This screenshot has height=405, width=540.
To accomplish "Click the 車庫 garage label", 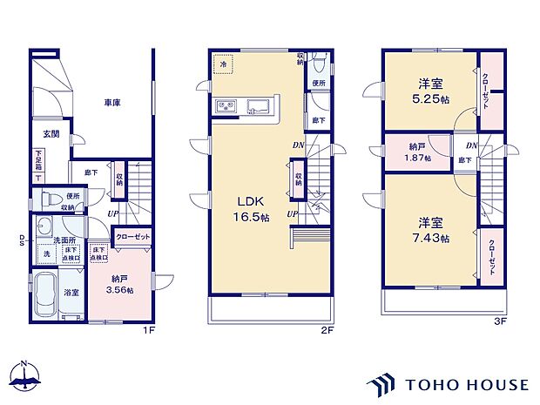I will pyautogui.click(x=111, y=103).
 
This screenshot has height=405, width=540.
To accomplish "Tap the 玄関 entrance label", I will pyautogui.click(x=51, y=133).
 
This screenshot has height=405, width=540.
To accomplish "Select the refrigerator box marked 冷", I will pyautogui.click(x=223, y=65).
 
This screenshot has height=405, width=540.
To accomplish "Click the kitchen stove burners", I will pyautogui.click(x=224, y=107).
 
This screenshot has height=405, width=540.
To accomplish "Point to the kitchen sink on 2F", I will pyautogui.click(x=259, y=107).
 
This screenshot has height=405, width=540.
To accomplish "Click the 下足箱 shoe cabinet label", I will pyautogui.click(x=38, y=161).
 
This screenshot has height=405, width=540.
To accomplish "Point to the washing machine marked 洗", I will pyautogui.click(x=45, y=253).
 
